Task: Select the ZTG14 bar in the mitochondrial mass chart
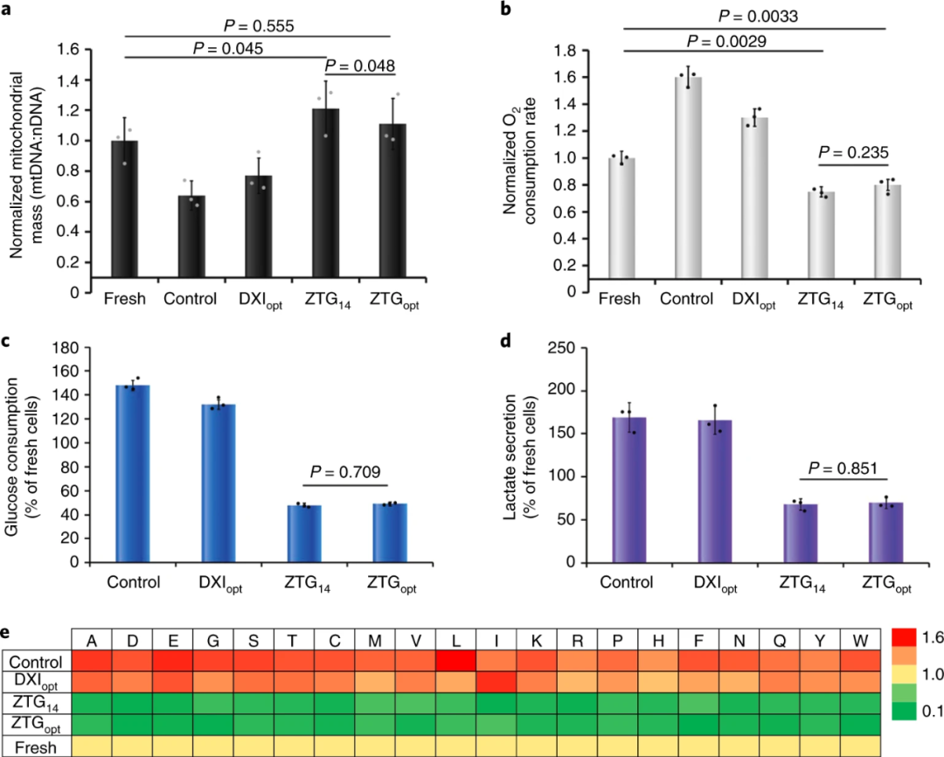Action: (325, 192)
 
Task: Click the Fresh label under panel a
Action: (124, 299)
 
